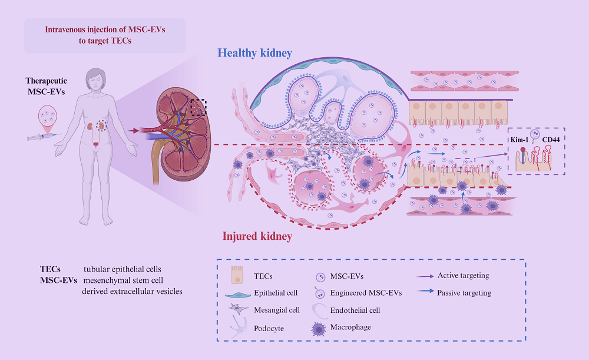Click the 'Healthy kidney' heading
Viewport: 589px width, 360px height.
click(255, 53)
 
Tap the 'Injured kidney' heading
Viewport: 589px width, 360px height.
click(257, 237)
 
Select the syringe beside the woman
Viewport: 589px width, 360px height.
click(41, 137)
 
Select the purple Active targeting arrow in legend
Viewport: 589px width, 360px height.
click(423, 276)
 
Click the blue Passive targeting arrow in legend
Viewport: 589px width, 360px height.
click(423, 293)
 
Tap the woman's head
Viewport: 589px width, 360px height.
click(94, 77)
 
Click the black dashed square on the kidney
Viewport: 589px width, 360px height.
click(198, 108)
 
